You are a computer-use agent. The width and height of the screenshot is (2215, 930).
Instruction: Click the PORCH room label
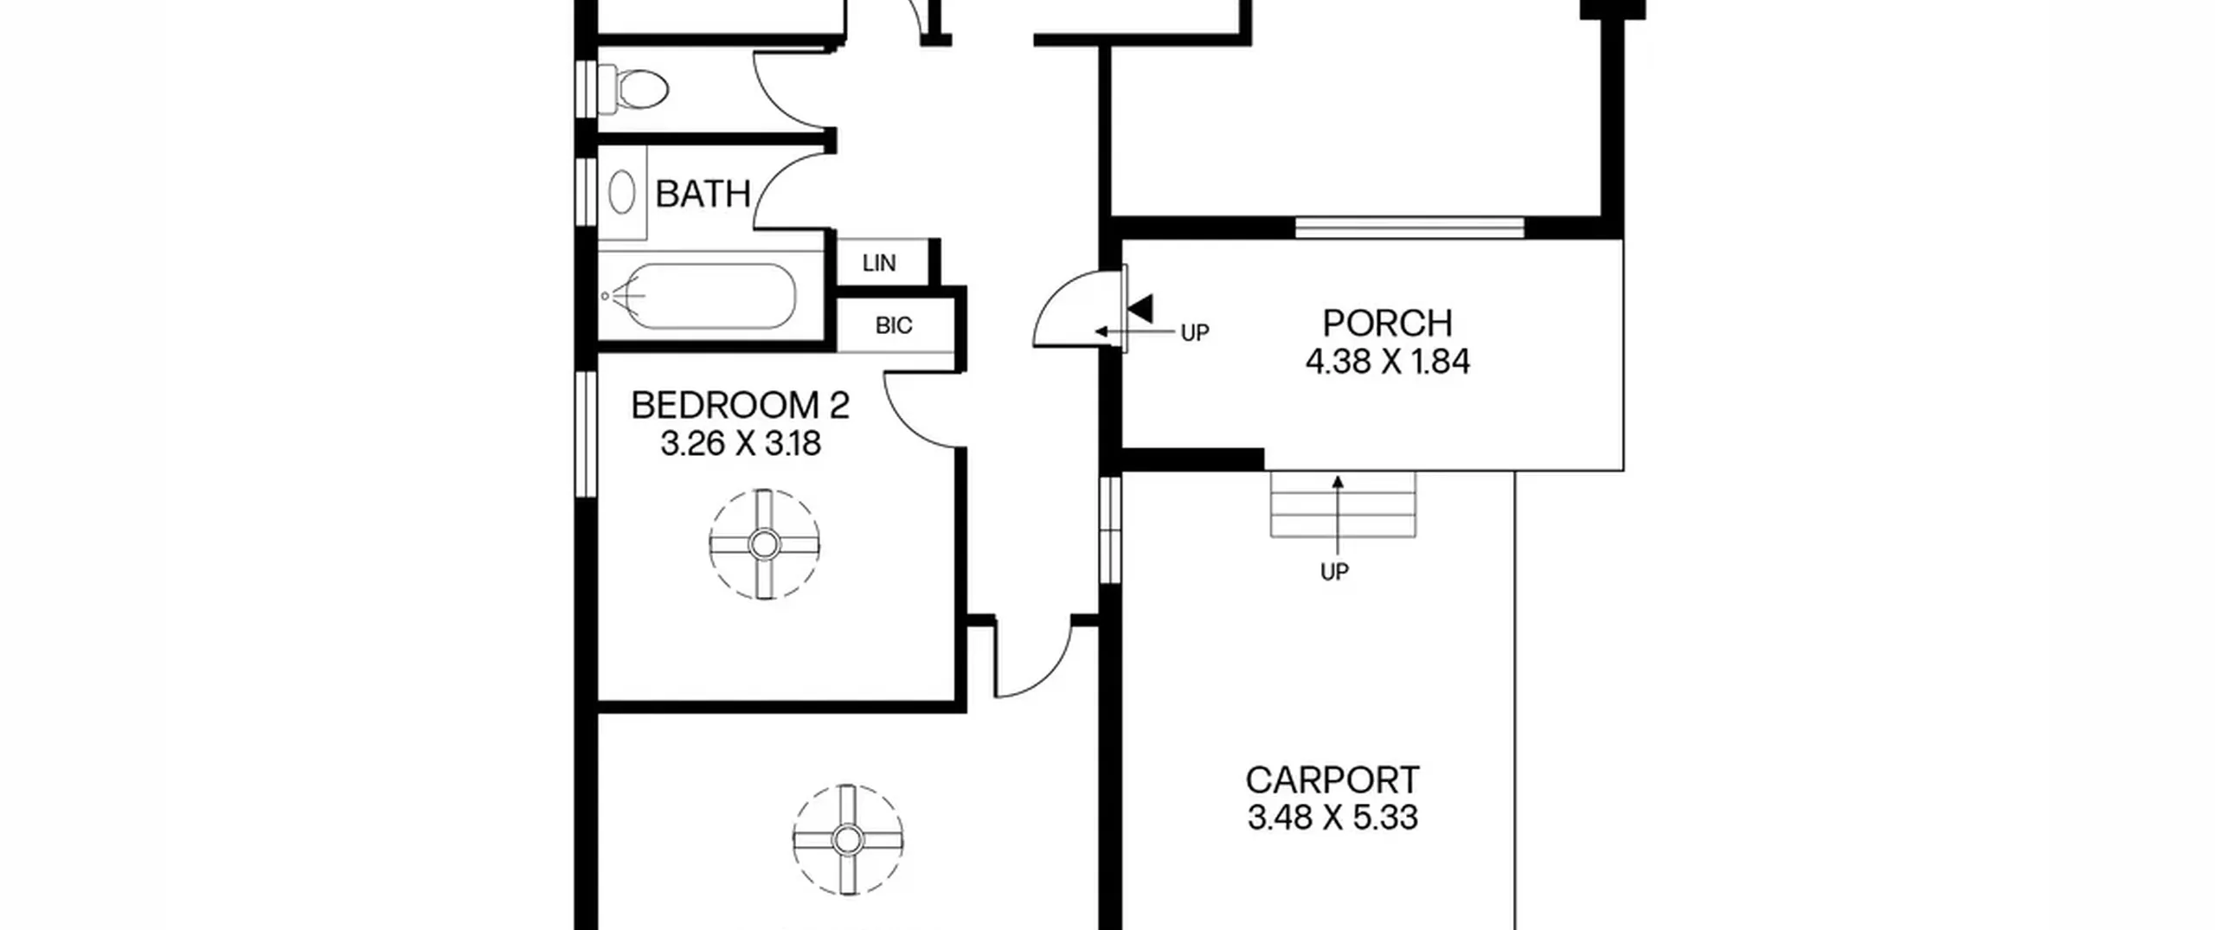[1387, 324]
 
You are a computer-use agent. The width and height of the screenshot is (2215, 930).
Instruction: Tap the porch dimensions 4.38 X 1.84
[1387, 362]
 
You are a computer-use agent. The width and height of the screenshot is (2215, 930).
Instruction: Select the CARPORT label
[1332, 780]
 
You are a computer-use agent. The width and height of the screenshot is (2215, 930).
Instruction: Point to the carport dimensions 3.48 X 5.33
[1332, 818]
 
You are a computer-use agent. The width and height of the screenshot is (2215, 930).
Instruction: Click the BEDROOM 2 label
[740, 406]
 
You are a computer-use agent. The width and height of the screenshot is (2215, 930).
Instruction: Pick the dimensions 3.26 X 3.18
[741, 444]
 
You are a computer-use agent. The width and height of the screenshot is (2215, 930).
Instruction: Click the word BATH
[703, 194]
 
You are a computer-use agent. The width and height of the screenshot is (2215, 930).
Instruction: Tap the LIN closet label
[879, 263]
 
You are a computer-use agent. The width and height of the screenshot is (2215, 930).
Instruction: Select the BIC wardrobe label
[894, 326]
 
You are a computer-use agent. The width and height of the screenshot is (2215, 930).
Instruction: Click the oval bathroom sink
[621, 192]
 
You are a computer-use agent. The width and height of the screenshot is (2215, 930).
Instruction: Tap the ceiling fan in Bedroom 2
[764, 544]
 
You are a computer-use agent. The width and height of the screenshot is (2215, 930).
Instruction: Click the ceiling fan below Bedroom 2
[848, 839]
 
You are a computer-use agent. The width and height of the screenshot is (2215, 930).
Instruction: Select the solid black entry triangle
[1141, 309]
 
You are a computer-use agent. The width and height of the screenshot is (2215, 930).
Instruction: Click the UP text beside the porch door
[1195, 333]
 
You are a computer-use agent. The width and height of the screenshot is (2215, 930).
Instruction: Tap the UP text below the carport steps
[1334, 572]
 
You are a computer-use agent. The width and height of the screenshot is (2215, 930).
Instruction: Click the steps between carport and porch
[1342, 504]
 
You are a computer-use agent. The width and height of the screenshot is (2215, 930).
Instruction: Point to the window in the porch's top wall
[1409, 228]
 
